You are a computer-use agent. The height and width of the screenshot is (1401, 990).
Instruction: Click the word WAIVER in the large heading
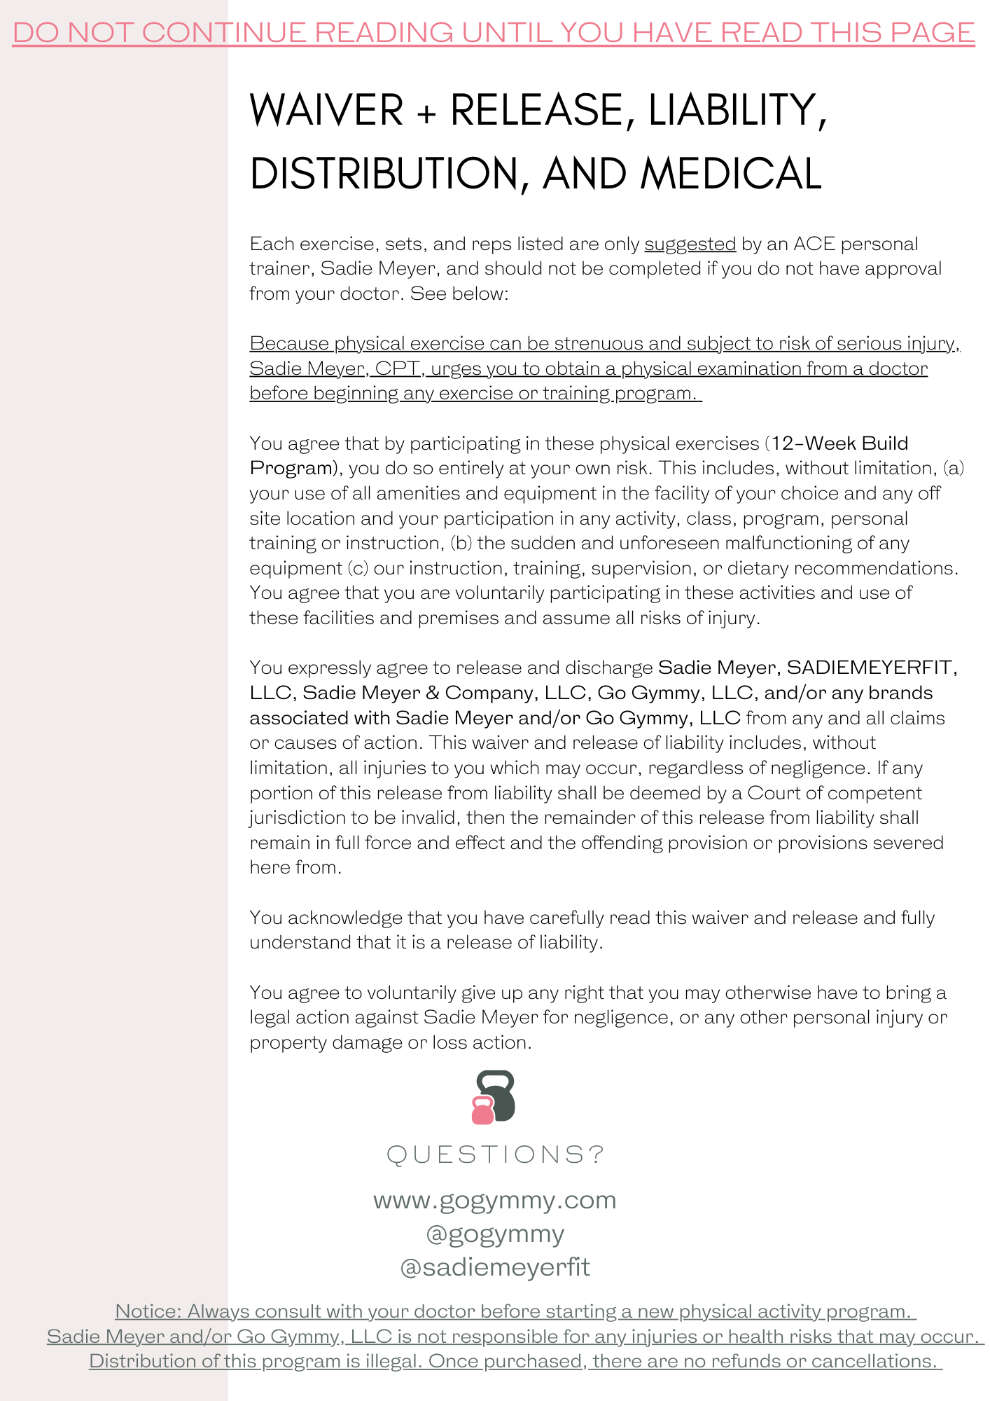click(x=326, y=110)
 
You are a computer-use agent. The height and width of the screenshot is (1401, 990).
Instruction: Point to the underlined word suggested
click(x=690, y=244)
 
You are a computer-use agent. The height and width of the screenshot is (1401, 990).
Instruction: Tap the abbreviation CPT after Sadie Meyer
click(x=397, y=368)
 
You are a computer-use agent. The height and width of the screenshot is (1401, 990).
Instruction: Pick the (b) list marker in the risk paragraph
click(x=461, y=543)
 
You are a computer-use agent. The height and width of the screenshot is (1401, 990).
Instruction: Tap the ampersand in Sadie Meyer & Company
click(x=432, y=693)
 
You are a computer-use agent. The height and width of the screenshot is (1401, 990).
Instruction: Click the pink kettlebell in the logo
click(x=482, y=1110)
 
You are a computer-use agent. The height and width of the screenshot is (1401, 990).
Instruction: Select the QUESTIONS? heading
click(x=495, y=1154)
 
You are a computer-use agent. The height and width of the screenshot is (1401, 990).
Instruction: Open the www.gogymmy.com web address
click(x=495, y=1200)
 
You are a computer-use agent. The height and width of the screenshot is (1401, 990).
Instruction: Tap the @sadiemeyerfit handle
click(x=495, y=1267)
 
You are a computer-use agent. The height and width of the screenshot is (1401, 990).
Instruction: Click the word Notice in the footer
click(x=148, y=1311)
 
